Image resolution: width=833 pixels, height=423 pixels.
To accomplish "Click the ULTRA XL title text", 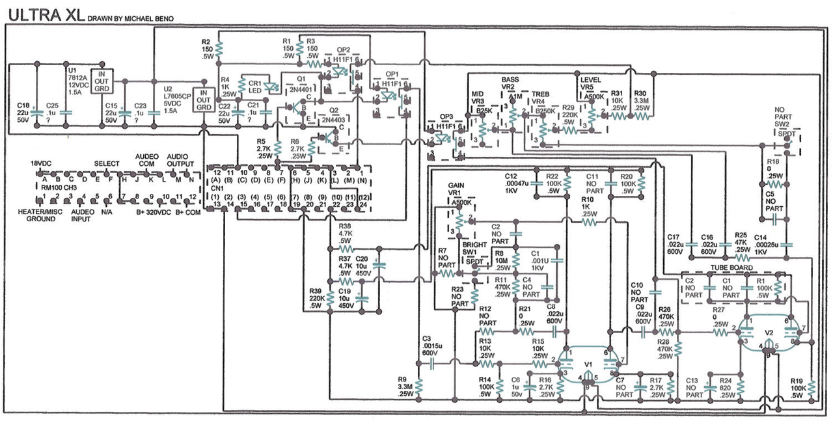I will pos(46,14).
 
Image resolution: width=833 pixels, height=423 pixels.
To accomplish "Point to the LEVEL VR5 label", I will pos(592,83).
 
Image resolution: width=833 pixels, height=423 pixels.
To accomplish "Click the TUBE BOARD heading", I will pos(733,267).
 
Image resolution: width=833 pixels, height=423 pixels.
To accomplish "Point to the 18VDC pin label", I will pos(41,163).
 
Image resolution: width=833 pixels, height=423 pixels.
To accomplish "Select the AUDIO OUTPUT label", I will pos(180,160).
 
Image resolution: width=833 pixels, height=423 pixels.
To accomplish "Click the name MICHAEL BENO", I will pos(148,18).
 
